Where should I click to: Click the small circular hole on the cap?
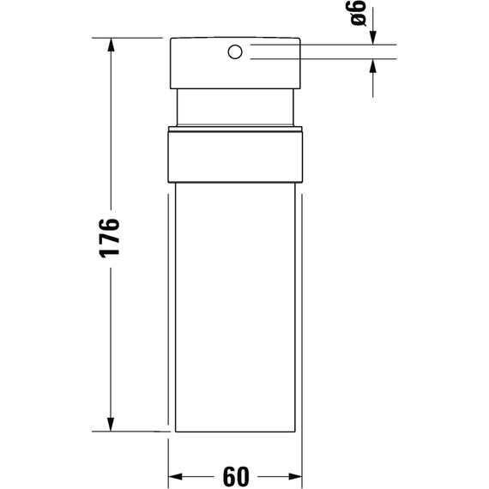[233, 52]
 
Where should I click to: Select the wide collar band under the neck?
[236, 155]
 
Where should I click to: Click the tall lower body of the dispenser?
[236, 309]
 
